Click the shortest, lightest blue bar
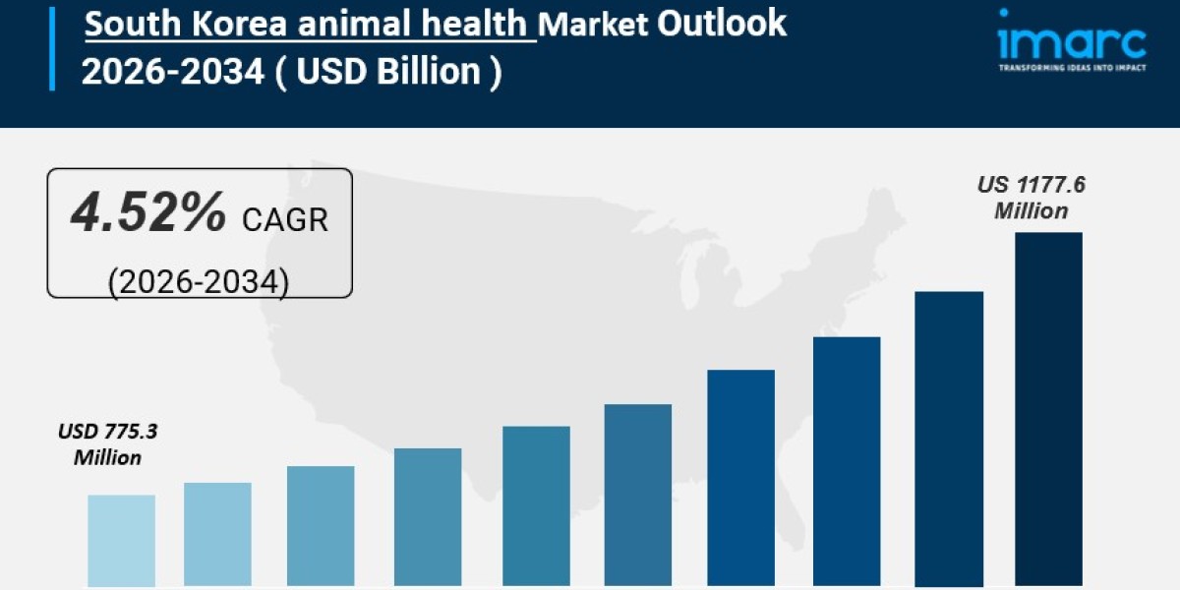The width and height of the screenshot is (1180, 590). click(121, 540)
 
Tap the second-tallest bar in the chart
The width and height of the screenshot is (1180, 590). click(948, 439)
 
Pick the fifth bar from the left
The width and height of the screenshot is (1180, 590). click(536, 505)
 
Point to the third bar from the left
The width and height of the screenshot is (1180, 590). click(321, 526)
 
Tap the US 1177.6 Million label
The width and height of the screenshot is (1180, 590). click(1031, 198)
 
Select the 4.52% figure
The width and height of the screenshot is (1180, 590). click(147, 215)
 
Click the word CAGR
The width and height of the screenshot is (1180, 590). click(284, 219)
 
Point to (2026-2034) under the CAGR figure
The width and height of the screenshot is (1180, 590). click(198, 281)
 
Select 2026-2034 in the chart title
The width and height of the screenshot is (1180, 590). click(171, 72)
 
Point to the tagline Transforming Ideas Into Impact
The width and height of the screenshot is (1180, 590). click(1071, 68)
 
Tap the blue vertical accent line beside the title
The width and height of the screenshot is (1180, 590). click(52, 46)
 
